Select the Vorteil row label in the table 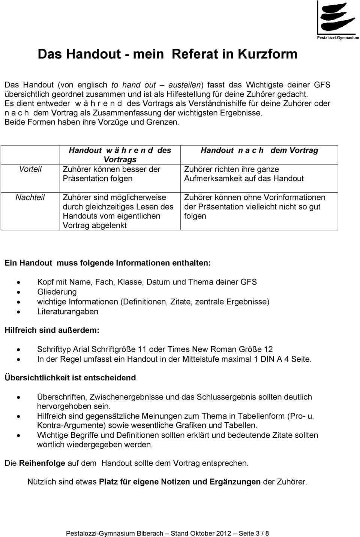[x=30, y=169]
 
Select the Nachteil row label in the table [x=30, y=197]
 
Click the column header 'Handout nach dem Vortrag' [x=259, y=150]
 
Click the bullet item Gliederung [x=57, y=292]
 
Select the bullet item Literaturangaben [x=67, y=311]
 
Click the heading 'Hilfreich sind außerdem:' [x=52, y=330]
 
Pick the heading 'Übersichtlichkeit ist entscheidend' [x=70, y=378]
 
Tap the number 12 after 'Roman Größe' [x=268, y=349]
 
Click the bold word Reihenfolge [x=42, y=463]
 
